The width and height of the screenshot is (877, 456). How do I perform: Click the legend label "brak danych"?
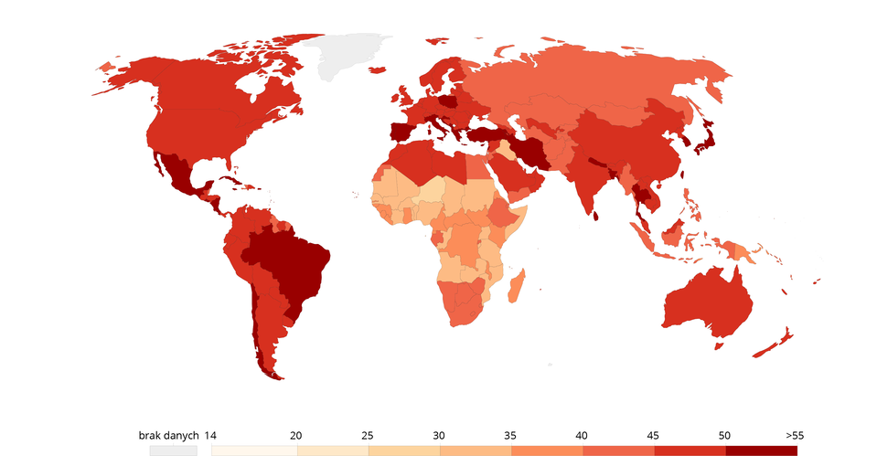[168, 435]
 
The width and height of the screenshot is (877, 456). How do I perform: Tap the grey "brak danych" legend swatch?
[174, 450]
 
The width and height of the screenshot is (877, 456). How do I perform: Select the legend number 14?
[210, 435]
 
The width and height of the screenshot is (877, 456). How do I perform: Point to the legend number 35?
[510, 435]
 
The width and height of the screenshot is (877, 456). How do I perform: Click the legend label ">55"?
[794, 435]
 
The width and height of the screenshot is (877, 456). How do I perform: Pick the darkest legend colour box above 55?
[761, 450]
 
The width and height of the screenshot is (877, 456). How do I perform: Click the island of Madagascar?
[516, 283]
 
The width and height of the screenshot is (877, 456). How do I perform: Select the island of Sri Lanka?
[596, 217]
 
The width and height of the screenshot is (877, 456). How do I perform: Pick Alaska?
[123, 73]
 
